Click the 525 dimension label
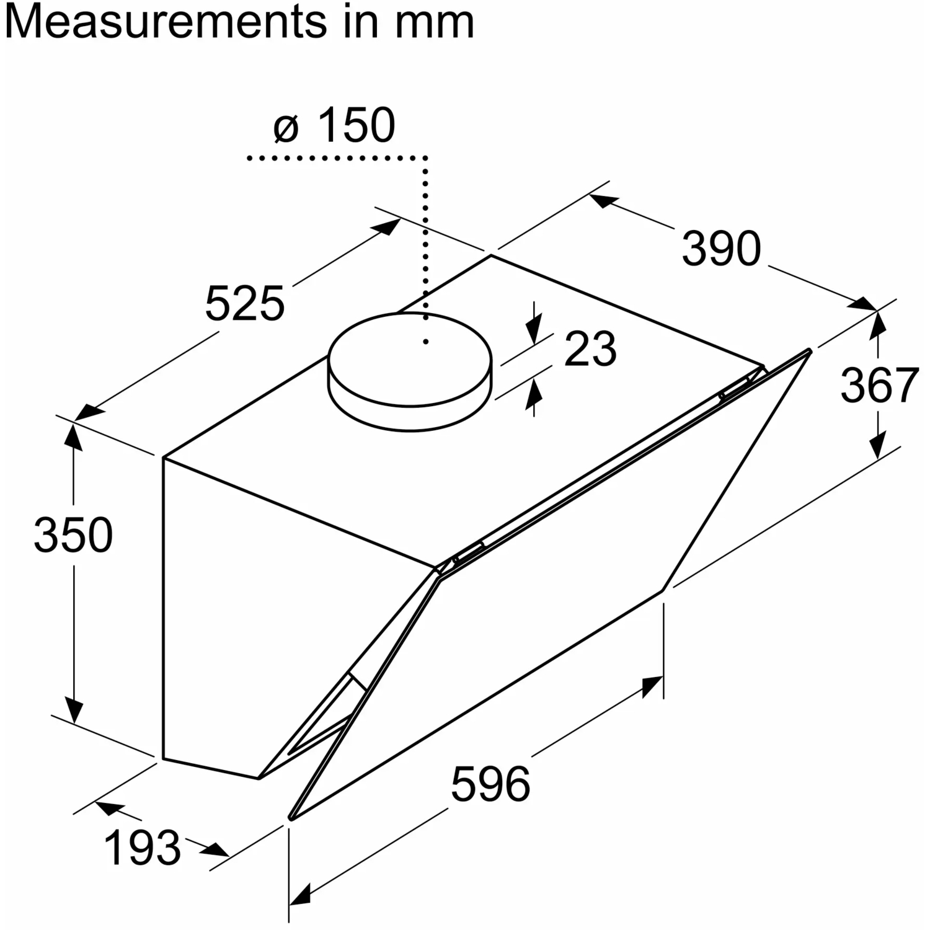point(244,304)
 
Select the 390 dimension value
point(721,249)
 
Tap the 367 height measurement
point(879,385)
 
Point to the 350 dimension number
point(73,534)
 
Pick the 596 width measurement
point(490,784)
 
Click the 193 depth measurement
point(143,848)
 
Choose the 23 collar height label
point(590,348)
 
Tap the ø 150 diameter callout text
point(334,125)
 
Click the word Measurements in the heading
point(166,22)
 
